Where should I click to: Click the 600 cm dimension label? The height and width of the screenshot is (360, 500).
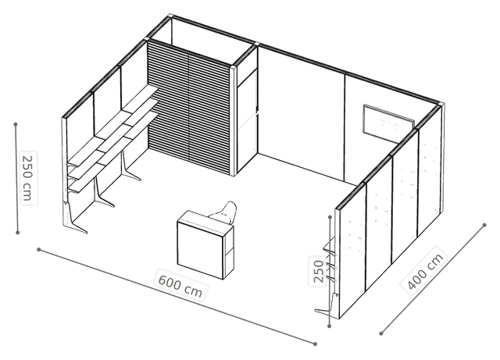coord(180,284)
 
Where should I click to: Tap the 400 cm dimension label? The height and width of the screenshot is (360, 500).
coord(425,271)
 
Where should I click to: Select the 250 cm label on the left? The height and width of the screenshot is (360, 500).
coord(28,178)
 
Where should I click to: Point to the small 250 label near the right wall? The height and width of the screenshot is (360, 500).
coord(318,271)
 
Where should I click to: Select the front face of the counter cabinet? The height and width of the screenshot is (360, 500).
coord(200,249)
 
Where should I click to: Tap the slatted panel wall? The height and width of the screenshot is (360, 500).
coord(189,107)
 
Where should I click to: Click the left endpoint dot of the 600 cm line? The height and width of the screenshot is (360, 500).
coord(38,249)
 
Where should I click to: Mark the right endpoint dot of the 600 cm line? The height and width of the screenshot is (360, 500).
coord(315,344)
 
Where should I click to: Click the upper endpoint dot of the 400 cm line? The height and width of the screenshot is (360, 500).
coord(484,225)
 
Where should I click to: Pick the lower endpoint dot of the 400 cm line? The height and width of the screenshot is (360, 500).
coord(381,333)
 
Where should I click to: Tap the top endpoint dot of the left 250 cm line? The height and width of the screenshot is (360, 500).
coord(16,123)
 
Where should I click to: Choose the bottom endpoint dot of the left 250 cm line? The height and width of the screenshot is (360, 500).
coord(18,233)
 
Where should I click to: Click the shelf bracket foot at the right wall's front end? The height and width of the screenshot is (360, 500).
coord(327,305)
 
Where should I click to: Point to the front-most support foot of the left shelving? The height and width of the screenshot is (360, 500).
coord(74,220)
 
